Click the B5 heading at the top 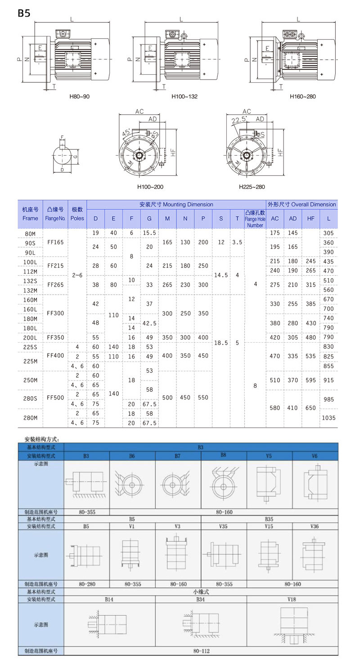[x=24, y=13]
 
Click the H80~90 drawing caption [x=79, y=97]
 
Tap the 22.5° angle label [x=238, y=120]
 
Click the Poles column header [x=77, y=214]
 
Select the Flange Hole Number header [x=255, y=219]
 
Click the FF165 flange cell [x=55, y=242]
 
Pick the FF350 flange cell [x=55, y=337]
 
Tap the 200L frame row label [x=30, y=337]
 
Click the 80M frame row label [x=30, y=233]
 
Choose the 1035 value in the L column [x=329, y=418]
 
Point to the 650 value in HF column [x=311, y=408]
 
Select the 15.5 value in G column [x=149, y=233]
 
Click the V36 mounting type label [x=315, y=526]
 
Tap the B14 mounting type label [x=110, y=599]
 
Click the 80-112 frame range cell [x=201, y=651]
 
